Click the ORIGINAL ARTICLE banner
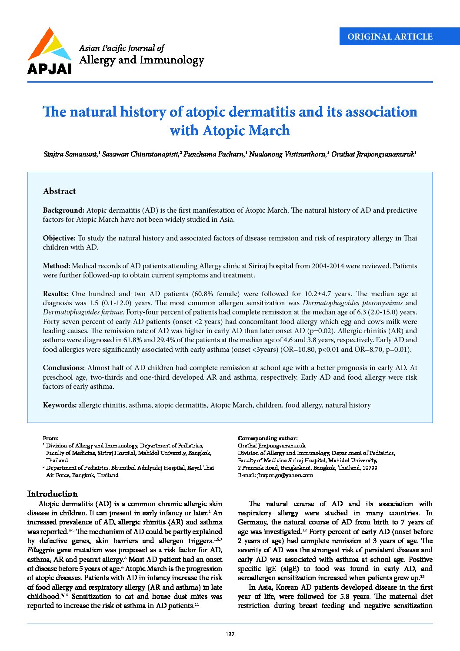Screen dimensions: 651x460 pyautogui.click(x=390, y=37)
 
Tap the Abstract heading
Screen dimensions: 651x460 pyautogui.click(x=59, y=191)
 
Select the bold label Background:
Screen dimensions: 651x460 pyautogui.click(x=63, y=210)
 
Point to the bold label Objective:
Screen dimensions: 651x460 pyautogui.click(x=59, y=238)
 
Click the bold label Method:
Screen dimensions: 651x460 pyautogui.click(x=57, y=266)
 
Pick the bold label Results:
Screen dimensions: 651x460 pyautogui.click(x=56, y=294)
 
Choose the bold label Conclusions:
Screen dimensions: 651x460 pyautogui.click(x=64, y=367)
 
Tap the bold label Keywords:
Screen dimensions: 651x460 pyautogui.click(x=60, y=405)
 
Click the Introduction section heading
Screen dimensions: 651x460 pyautogui.click(x=52, y=494)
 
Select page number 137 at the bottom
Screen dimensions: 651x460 pyautogui.click(x=230, y=634)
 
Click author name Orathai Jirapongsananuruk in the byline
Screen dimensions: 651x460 pyautogui.click(x=372, y=154)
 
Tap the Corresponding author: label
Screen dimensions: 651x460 pyautogui.click(x=267, y=438)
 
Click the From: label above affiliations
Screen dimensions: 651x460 pyautogui.click(x=50, y=438)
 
